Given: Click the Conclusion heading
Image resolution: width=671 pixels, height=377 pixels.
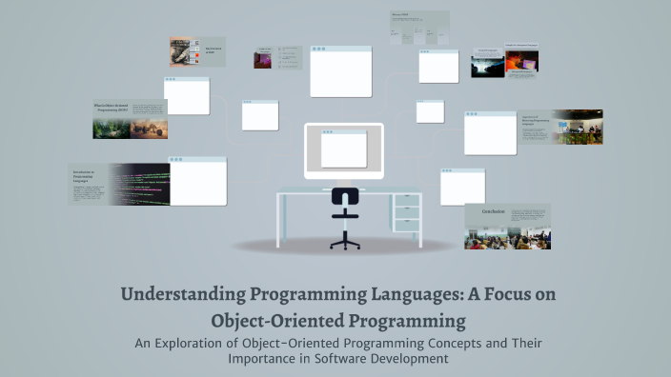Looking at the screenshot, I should pyautogui.click(x=493, y=211).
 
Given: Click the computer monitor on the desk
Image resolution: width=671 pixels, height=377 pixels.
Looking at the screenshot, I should pyautogui.click(x=344, y=150).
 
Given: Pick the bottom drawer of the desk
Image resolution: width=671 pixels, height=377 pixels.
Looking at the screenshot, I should pyautogui.click(x=407, y=225).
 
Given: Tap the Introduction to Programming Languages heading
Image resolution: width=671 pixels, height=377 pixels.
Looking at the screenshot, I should pyautogui.click(x=87, y=175).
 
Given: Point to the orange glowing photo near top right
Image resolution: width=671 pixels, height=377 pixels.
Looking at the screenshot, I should pyautogui.click(x=521, y=61).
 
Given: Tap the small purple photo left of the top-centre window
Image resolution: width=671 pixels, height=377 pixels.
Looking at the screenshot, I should pyautogui.click(x=263, y=59).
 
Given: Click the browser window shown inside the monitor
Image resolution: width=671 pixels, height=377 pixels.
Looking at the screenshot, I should pyautogui.click(x=344, y=149).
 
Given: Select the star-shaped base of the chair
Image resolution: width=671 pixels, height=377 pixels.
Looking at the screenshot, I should pyautogui.click(x=345, y=242).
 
